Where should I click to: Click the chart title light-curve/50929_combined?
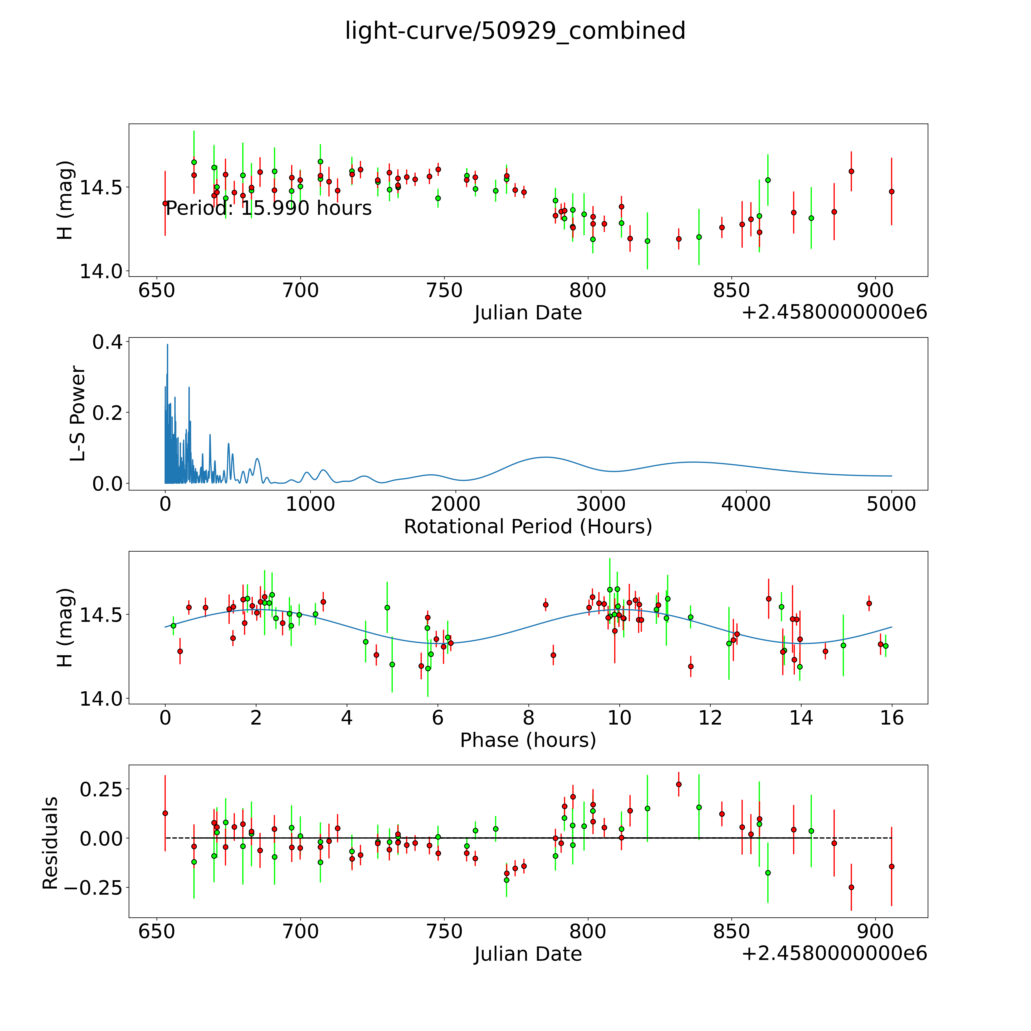[515, 31]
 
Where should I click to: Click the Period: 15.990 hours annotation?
[268, 208]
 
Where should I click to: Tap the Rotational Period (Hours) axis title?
[528, 527]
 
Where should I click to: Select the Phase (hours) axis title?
[528, 740]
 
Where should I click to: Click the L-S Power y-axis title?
[78, 414]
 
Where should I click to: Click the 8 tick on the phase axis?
[528, 718]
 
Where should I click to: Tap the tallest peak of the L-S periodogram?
[167, 345]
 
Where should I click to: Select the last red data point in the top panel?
[891, 191]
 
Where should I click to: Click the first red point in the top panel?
[165, 203]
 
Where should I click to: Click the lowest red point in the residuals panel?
[851, 887]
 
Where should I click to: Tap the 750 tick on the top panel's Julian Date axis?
[444, 291]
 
